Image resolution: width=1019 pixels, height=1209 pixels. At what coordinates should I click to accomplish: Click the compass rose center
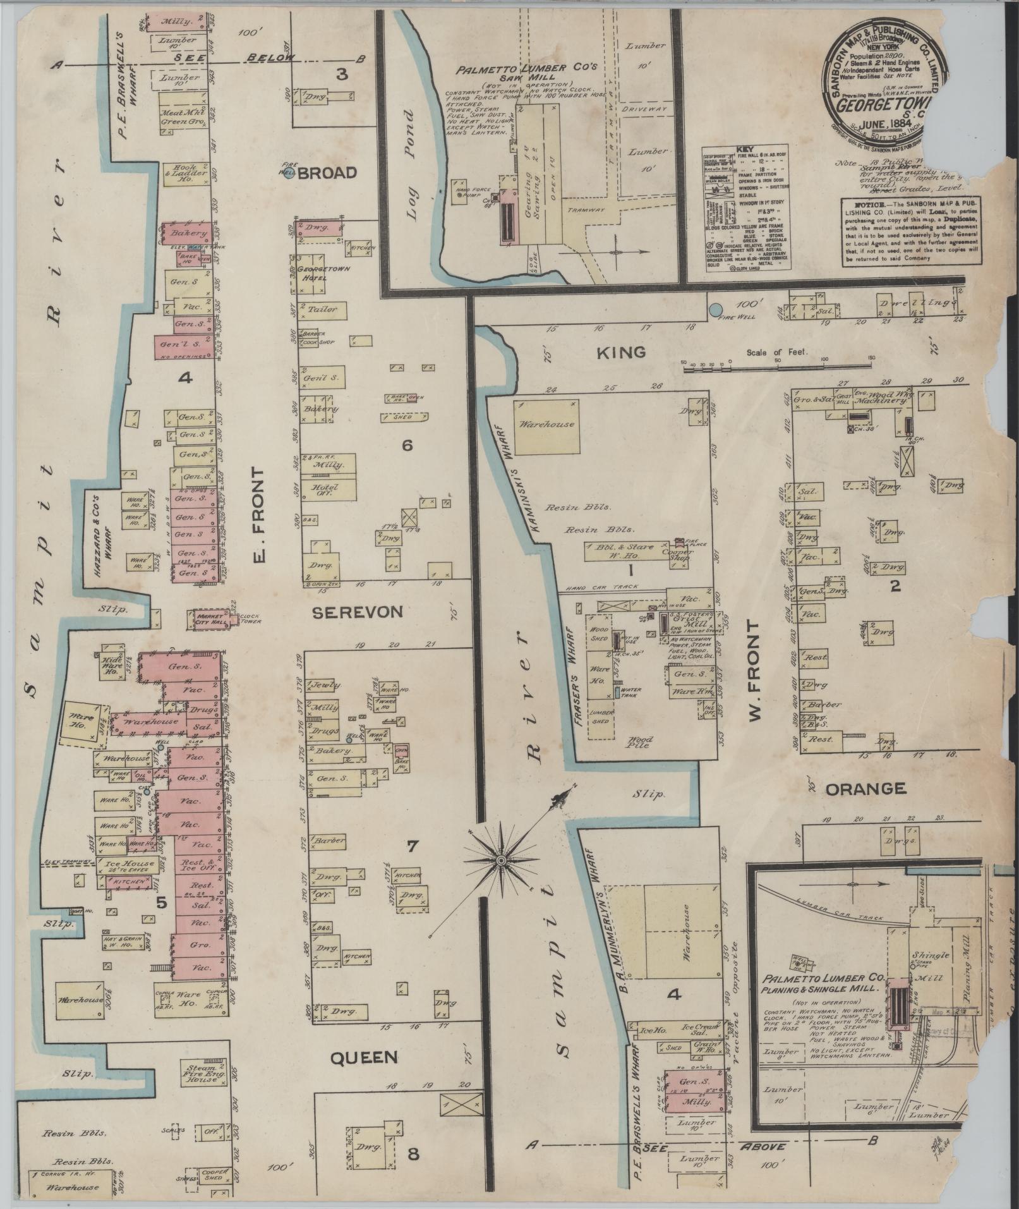tap(500, 861)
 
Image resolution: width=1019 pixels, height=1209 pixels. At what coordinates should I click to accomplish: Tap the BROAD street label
tap(327, 173)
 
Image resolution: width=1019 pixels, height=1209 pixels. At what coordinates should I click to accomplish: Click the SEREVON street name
tap(357, 612)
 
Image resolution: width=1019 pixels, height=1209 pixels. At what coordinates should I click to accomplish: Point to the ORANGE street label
tap(865, 789)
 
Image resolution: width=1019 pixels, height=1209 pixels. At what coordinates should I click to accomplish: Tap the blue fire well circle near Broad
tap(289, 174)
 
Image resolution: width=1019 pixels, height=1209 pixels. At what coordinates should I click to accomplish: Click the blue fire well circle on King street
tap(715, 310)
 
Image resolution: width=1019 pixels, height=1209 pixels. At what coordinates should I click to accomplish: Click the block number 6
tap(407, 446)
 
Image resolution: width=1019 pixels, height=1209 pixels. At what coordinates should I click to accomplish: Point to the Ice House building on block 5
tap(130, 864)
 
